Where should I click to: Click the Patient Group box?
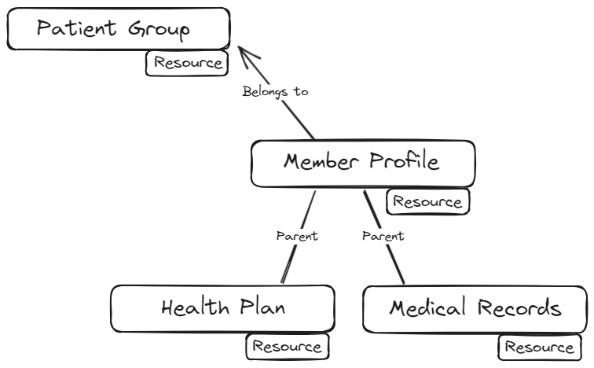tap(118, 29)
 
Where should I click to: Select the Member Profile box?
tap(362, 163)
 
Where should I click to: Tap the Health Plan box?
tap(222, 307)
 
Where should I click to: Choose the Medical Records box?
tap(475, 308)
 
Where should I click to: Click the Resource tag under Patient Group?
tap(188, 63)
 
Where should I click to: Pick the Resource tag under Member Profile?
tap(427, 201)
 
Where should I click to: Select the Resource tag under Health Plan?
tap(287, 346)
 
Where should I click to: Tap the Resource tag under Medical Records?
tap(539, 346)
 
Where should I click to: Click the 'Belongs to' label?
tap(275, 91)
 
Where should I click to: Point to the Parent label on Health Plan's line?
tap(297, 236)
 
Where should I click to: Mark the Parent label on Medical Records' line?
tap(383, 236)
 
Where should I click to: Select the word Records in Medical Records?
tap(520, 308)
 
